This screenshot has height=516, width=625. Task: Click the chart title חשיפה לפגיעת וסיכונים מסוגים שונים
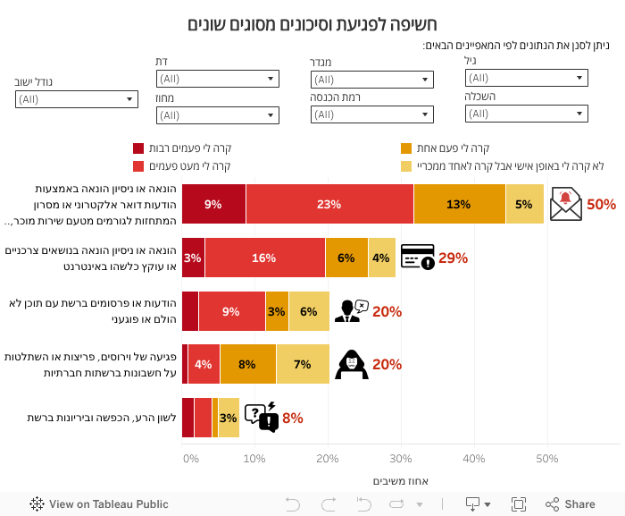312,24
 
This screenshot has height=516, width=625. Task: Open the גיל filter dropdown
526,79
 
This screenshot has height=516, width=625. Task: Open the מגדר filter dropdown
371,80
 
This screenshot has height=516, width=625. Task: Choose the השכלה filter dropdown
526,114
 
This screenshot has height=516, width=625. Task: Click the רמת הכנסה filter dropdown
371,114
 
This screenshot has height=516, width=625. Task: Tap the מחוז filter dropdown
217,114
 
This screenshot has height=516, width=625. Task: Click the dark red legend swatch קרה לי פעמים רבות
138,148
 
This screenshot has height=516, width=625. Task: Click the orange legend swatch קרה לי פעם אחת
406,148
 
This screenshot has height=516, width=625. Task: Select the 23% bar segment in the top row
329,204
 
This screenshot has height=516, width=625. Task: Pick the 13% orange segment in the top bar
459,204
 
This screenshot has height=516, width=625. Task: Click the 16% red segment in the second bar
264,258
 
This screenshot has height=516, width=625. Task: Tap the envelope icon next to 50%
566,205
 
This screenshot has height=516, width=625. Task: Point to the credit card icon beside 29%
417,257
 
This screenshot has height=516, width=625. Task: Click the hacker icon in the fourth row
351,364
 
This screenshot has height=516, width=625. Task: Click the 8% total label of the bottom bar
293,418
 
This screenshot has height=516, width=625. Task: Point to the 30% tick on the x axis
401,459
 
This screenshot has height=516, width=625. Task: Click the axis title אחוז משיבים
400,481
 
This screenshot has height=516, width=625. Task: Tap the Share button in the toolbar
571,504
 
